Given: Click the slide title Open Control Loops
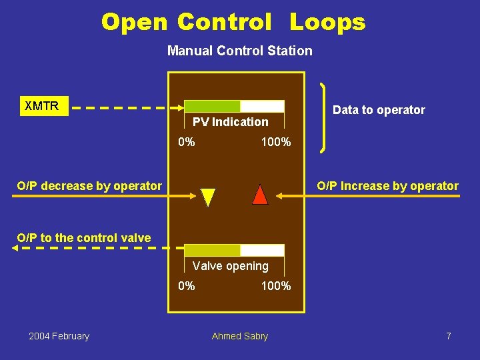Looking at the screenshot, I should click(233, 22).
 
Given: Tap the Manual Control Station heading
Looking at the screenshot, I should click(239, 51).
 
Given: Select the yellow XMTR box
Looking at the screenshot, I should click(42, 106).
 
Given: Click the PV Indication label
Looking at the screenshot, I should click(230, 122).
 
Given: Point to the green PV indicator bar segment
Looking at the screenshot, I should click(211, 106).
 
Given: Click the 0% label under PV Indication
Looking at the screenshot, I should click(187, 142).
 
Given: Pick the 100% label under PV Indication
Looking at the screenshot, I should click(275, 142).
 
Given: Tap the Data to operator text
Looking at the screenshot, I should click(379, 110).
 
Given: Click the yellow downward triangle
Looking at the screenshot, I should click(208, 197).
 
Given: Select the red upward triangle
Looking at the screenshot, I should click(261, 195).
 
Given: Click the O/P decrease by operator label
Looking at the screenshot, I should click(89, 186).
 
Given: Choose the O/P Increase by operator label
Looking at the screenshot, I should click(387, 186).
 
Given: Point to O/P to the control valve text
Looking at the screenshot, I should click(84, 237).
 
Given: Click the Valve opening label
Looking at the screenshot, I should click(230, 266).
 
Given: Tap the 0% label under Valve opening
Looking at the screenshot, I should click(187, 286).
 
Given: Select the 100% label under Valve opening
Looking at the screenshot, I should click(275, 286).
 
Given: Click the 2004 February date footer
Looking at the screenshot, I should click(59, 336).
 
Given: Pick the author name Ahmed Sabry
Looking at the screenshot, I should click(239, 336).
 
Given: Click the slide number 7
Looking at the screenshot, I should click(449, 336).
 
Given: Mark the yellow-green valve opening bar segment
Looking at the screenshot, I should click(211, 250).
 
